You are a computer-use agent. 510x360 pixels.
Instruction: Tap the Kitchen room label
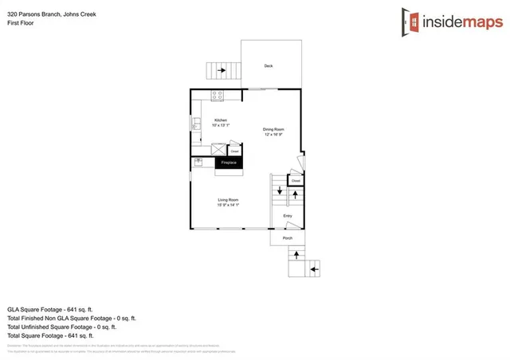(220, 120)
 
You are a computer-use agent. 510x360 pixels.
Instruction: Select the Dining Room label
(274, 129)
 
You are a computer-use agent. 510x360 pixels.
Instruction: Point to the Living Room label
(228, 200)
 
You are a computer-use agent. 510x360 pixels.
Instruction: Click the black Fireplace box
(229, 162)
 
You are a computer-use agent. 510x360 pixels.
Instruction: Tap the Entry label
(288, 216)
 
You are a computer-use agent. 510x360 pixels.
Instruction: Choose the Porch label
(288, 238)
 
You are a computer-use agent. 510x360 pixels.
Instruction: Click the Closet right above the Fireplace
(234, 150)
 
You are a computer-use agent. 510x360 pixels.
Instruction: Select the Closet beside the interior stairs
(295, 181)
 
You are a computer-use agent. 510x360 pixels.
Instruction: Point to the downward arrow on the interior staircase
(280, 191)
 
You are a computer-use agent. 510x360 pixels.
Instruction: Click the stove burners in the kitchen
(217, 96)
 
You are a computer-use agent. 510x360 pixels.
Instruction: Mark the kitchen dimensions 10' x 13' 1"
(221, 126)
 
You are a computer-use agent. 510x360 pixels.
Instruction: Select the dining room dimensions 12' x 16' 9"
(274, 135)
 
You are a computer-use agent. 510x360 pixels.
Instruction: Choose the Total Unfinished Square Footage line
(61, 327)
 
